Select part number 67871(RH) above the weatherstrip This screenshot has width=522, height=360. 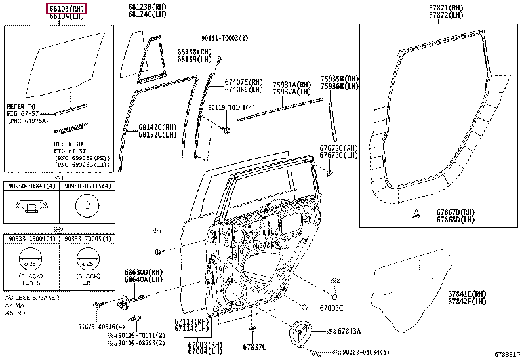pos(429,9)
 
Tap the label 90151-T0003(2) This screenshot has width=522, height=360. pos(224,38)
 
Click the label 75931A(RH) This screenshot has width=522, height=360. pos(292,85)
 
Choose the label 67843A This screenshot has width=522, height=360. pos(348,332)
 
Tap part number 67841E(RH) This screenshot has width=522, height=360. pos(467,295)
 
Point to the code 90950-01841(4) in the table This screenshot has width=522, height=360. pos(31,187)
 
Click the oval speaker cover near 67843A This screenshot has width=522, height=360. pos(304,332)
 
